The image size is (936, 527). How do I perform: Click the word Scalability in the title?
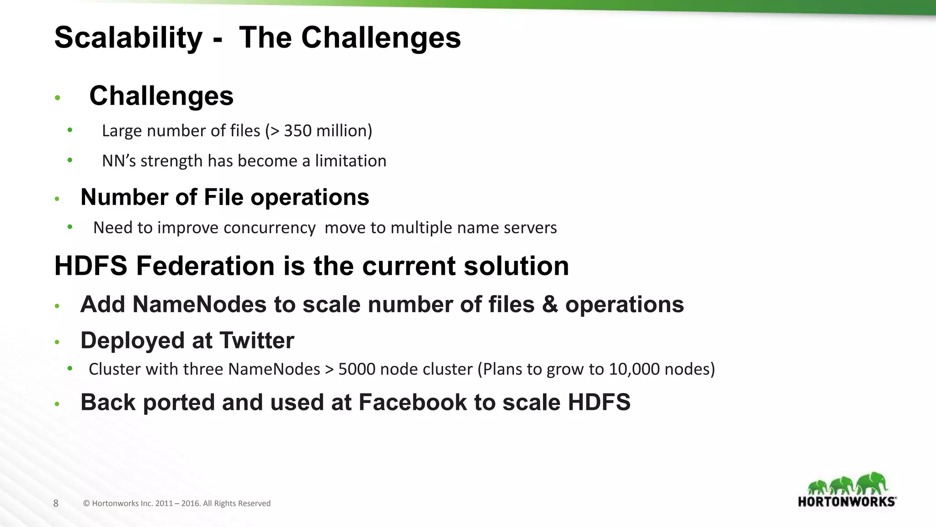pos(128,38)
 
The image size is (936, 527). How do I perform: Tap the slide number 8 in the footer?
pos(56,503)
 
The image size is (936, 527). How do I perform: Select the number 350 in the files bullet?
pos(298,131)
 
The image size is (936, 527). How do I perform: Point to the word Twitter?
pos(256,340)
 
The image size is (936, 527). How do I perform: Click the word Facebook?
pos(413,403)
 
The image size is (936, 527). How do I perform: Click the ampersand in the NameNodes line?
pos(550,305)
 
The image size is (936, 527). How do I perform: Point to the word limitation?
pos(351,161)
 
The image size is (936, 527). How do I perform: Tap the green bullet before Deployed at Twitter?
pos(57,342)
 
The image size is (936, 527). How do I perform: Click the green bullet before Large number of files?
pos(69,130)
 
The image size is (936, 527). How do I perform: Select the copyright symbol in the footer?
pos(86,503)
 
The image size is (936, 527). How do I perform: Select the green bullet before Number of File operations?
pos(57,199)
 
